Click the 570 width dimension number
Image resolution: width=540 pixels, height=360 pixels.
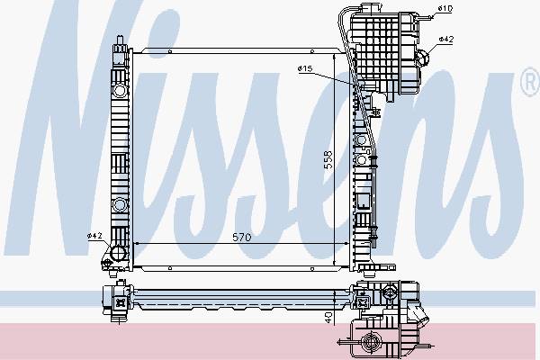242,238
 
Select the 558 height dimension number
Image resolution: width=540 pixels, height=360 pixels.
328,160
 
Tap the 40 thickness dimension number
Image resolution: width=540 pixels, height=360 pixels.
328,317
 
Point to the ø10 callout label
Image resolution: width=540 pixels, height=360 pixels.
445,8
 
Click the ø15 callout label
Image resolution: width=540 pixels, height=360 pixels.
305,68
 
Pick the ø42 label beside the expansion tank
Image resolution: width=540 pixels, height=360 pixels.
446,40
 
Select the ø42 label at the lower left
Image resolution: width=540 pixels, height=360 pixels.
94,236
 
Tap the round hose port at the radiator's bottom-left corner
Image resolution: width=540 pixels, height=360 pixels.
117,253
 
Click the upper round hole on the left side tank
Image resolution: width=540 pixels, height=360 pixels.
120,91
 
